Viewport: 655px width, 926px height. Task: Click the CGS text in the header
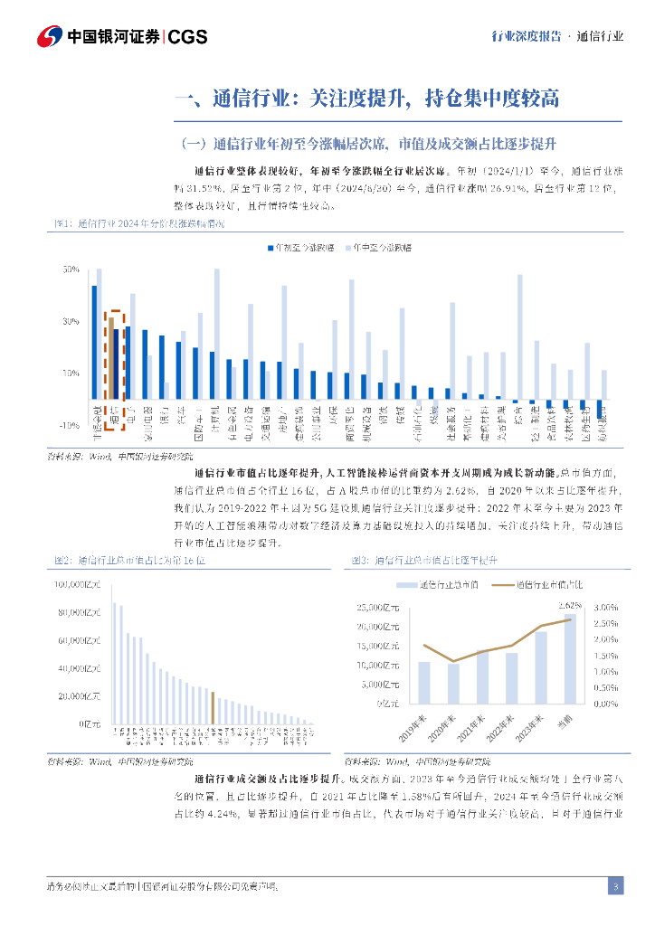click(x=188, y=37)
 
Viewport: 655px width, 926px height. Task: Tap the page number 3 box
click(x=615, y=885)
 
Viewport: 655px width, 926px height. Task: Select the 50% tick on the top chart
click(x=71, y=269)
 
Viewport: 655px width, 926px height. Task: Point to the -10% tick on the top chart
click(x=69, y=425)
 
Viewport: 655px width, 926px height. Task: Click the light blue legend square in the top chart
click(x=346, y=247)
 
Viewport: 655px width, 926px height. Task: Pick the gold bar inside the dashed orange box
click(x=110, y=358)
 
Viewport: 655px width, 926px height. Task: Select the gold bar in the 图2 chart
click(x=213, y=707)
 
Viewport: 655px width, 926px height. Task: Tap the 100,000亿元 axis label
click(x=81, y=585)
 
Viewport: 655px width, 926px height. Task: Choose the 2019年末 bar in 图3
click(x=423, y=683)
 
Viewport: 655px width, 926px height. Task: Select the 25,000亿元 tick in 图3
click(x=377, y=608)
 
